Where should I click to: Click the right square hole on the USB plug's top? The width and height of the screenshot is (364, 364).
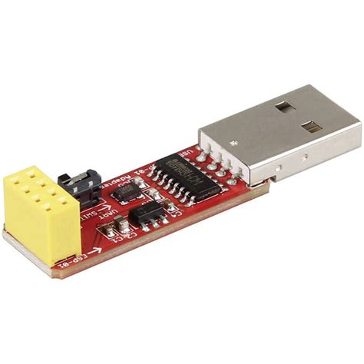(x=315, y=124)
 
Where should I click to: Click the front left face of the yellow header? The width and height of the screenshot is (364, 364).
(x=31, y=219)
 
